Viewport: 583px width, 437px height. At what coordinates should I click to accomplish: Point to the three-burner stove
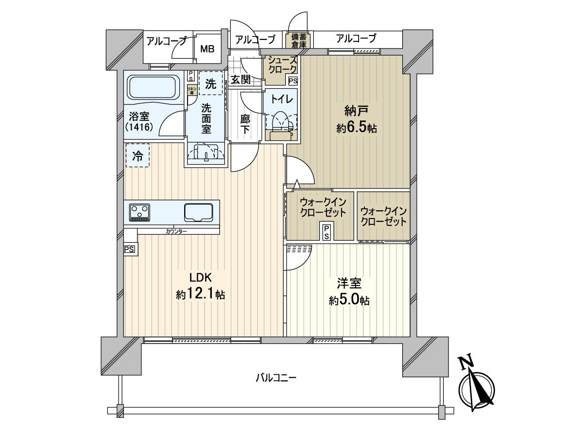click(140, 212)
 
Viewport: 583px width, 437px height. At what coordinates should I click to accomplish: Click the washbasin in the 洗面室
click(206, 152)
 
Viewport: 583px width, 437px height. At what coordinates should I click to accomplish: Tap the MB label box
click(207, 49)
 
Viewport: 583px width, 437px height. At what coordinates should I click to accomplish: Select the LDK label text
click(199, 278)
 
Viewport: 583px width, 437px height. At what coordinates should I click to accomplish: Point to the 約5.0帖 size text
click(349, 301)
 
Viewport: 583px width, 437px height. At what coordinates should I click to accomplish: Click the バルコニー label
click(276, 377)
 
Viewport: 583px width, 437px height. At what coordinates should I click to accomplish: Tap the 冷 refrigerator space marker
click(138, 156)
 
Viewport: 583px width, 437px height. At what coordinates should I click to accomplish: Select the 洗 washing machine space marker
click(210, 83)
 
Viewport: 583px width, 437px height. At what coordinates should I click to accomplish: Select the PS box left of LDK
click(130, 250)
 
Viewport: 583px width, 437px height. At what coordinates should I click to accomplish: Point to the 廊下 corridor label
click(246, 124)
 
